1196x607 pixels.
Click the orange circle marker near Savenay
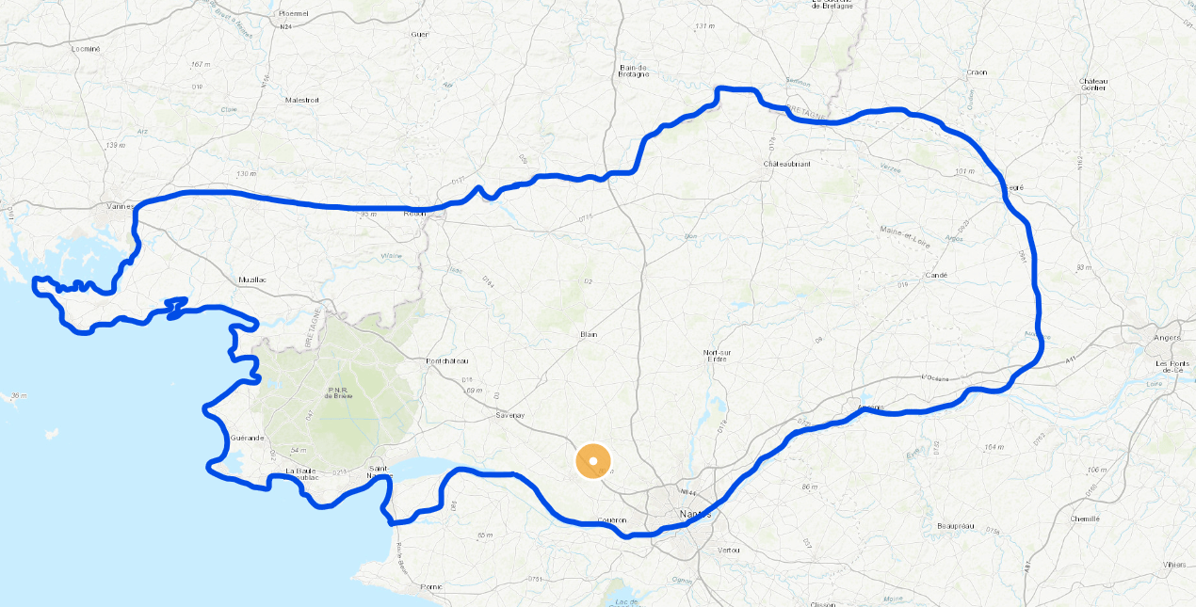(x=592, y=460)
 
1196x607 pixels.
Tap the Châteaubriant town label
(x=786, y=164)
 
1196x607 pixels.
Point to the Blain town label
(x=589, y=334)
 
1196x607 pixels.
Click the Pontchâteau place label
(x=447, y=360)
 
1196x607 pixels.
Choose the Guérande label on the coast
(x=248, y=439)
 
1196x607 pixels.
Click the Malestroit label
(x=302, y=99)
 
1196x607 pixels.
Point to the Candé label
(x=935, y=276)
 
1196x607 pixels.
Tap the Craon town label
(x=977, y=72)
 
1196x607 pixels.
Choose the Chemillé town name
(x=1084, y=519)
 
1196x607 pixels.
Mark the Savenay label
(x=510, y=414)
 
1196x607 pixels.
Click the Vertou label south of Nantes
(x=729, y=550)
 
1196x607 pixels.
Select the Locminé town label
(x=85, y=48)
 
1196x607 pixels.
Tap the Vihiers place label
(x=1173, y=565)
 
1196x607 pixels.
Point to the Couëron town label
(x=612, y=519)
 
